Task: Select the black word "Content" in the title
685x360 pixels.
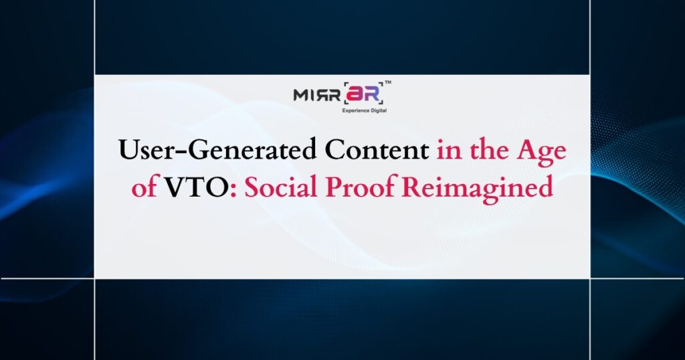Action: click(x=377, y=151)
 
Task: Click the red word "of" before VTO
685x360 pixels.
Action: click(x=144, y=188)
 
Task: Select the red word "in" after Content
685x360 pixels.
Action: click(x=447, y=151)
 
